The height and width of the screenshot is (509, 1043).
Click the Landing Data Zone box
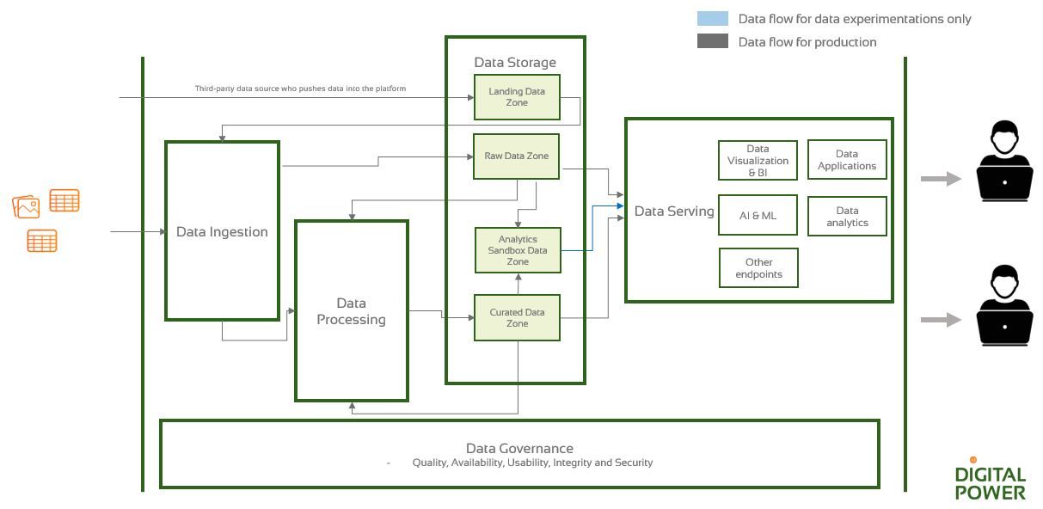coord(517,97)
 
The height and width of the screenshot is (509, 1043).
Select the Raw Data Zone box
coord(516,156)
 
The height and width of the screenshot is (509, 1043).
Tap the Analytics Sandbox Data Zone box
coord(518,250)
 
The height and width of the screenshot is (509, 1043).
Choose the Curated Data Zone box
coord(517,317)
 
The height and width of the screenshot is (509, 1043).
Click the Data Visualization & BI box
coord(758,161)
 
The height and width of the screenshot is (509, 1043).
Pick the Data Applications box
coord(847,160)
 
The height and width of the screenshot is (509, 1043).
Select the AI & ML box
coord(758,215)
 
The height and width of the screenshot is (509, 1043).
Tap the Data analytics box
coord(847,216)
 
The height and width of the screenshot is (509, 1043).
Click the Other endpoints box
coord(758,267)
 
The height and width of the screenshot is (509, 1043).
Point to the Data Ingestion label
coord(222,231)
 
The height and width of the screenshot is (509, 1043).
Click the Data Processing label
coord(351,311)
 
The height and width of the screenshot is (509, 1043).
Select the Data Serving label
coord(674,211)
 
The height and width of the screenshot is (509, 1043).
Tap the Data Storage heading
coord(515,62)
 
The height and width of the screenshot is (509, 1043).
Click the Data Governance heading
coord(519,448)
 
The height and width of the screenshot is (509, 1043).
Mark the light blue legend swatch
coord(713,19)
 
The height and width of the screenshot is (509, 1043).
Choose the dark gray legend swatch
coord(713,41)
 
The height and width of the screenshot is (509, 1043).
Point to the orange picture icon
coord(27,206)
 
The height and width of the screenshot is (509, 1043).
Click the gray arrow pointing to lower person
coord(941,320)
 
